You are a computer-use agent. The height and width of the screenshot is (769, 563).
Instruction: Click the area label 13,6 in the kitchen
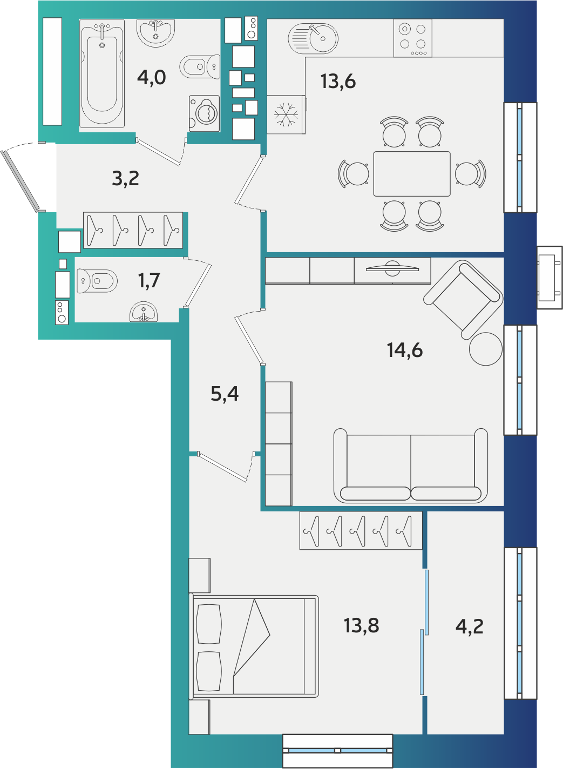tap(338, 82)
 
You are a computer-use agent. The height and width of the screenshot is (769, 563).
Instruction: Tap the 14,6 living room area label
tap(405, 350)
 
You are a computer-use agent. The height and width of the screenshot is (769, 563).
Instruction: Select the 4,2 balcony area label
tap(469, 626)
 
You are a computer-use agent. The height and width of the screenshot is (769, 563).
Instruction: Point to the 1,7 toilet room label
tap(149, 281)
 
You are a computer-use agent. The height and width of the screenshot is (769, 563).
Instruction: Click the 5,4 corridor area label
tap(225, 394)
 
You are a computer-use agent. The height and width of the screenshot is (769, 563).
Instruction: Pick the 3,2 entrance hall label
tap(126, 179)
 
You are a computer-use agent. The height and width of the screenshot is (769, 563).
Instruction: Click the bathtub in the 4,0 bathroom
tap(102, 73)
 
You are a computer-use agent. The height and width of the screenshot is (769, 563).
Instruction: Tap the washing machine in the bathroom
tap(204, 113)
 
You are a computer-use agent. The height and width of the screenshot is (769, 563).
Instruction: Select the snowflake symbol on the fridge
tap(286, 114)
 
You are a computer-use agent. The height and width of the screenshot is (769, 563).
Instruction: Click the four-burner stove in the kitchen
tap(413, 38)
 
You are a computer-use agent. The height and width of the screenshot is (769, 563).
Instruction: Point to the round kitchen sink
tap(313, 38)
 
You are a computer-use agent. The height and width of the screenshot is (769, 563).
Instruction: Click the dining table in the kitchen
tap(412, 174)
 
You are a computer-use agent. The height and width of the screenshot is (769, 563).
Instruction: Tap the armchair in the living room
tap(463, 299)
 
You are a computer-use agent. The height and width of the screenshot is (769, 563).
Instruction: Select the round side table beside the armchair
tap(486, 349)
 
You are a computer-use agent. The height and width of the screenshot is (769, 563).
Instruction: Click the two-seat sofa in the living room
tap(411, 465)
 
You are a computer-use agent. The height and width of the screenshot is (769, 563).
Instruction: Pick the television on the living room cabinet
tap(392, 268)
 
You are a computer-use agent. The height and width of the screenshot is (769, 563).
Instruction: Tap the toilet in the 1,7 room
tap(97, 281)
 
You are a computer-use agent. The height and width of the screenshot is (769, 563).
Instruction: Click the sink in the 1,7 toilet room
tap(144, 312)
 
